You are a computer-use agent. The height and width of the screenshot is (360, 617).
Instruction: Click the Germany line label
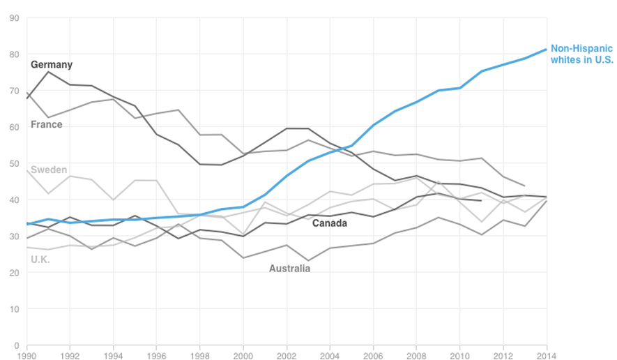click(x=52, y=65)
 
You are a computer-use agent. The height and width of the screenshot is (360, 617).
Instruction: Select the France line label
click(x=47, y=125)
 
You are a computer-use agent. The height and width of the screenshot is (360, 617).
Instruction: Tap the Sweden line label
click(x=49, y=170)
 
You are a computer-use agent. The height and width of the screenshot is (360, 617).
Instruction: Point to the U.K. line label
click(x=40, y=260)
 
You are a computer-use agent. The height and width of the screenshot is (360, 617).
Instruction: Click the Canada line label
click(x=330, y=223)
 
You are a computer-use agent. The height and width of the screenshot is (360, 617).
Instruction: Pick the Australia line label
click(x=289, y=268)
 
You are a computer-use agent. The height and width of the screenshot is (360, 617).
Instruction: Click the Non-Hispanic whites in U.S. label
click(x=581, y=54)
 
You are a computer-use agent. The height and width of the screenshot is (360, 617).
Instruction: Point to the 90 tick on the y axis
click(x=14, y=18)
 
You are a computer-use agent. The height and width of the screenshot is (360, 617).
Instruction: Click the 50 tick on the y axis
click(x=14, y=163)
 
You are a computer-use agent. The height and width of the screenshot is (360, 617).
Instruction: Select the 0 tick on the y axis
click(x=16, y=345)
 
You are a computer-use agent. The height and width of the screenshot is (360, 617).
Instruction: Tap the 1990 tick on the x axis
click(x=26, y=354)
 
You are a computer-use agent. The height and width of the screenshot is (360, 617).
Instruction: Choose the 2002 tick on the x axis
click(x=287, y=354)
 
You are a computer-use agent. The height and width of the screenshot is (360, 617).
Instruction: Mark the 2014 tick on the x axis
click(x=547, y=354)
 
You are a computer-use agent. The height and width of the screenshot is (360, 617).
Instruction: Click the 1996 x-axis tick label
click(x=157, y=354)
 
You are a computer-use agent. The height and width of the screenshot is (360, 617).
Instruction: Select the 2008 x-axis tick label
click(x=417, y=354)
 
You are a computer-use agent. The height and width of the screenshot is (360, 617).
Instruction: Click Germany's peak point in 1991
click(x=48, y=72)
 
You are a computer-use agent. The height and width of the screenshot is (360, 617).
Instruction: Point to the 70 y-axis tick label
click(x=14, y=91)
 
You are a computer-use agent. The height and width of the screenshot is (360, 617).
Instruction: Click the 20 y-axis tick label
click(x=14, y=273)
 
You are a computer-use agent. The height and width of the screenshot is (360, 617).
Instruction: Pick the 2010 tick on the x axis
click(x=460, y=354)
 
